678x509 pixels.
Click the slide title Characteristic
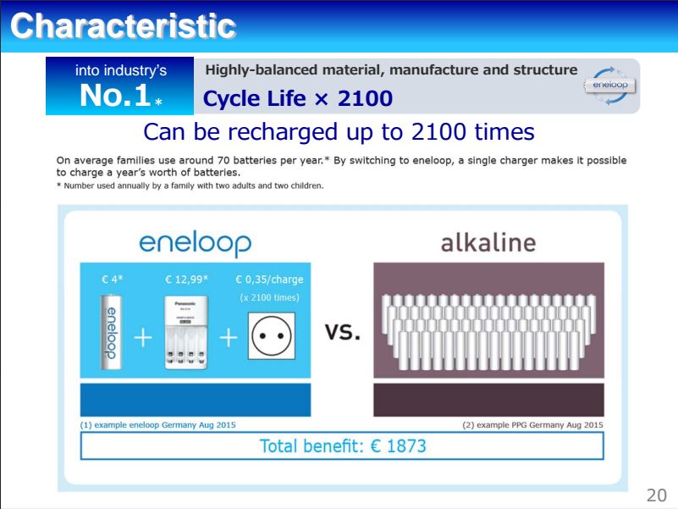click(x=124, y=26)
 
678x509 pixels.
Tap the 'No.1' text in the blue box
click(x=115, y=95)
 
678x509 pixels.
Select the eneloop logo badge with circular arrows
click(x=609, y=86)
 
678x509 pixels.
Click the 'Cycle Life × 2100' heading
click(x=297, y=99)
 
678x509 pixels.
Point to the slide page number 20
click(x=656, y=495)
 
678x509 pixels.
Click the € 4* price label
click(x=112, y=279)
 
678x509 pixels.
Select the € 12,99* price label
click(x=186, y=279)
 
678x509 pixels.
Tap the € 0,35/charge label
click(x=269, y=279)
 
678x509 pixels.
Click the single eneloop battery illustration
click(x=111, y=331)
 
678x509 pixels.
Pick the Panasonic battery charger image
click(x=186, y=332)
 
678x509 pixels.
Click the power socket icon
click(x=272, y=336)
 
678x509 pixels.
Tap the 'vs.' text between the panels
click(x=343, y=332)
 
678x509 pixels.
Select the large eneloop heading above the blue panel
click(x=195, y=244)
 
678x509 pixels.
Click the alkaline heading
click(x=488, y=242)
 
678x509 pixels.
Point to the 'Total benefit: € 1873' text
click(x=343, y=445)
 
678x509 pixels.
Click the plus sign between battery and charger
click(x=143, y=338)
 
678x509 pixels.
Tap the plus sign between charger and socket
click(x=229, y=338)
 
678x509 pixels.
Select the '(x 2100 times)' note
click(x=269, y=298)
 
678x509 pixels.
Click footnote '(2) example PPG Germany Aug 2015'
click(x=532, y=424)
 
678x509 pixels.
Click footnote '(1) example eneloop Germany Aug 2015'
click(x=157, y=424)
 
